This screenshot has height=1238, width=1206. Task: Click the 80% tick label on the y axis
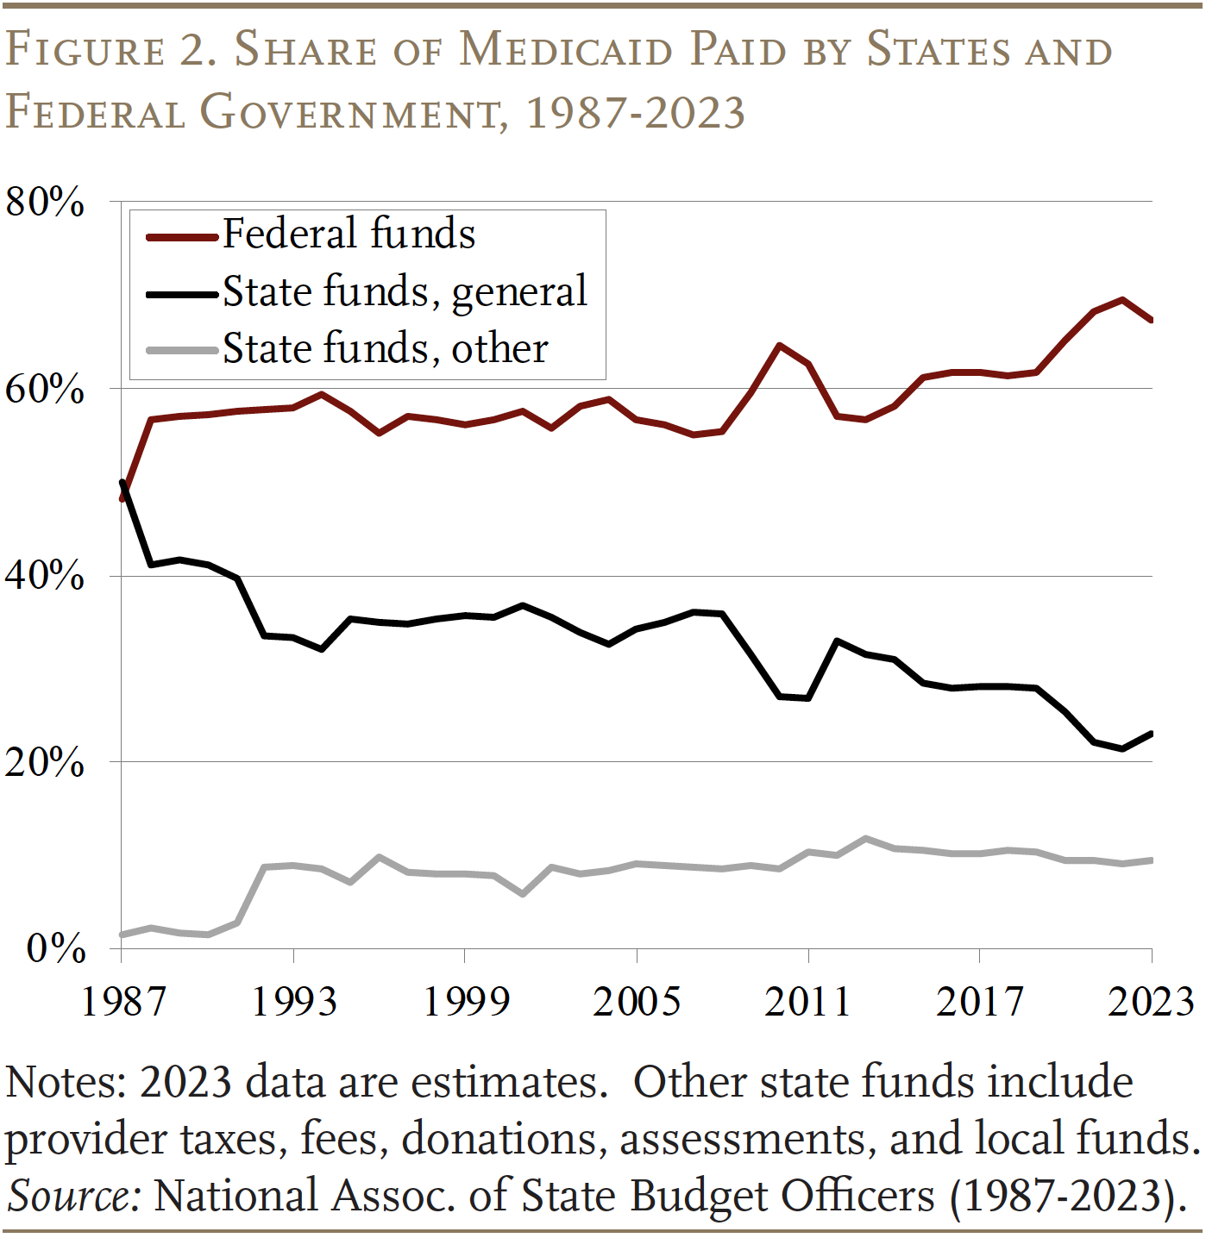click(x=45, y=203)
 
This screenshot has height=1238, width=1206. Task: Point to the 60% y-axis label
click(x=45, y=390)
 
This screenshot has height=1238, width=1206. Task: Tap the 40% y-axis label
click(x=45, y=576)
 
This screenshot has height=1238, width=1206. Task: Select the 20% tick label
click(x=45, y=763)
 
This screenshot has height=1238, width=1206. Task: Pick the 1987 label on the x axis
click(x=122, y=1003)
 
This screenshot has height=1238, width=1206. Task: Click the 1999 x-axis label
click(x=466, y=1003)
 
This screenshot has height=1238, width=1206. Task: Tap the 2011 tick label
click(x=808, y=1003)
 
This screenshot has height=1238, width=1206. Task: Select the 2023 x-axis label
click(x=1151, y=1003)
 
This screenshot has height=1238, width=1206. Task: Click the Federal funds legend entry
click(x=349, y=234)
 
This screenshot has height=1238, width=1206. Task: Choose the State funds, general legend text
click(x=405, y=291)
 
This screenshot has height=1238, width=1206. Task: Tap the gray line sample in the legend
click(x=181, y=350)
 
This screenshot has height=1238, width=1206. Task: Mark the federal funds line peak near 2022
click(x=1122, y=300)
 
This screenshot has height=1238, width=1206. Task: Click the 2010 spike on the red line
click(x=779, y=346)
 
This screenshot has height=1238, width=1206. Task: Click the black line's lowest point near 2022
click(x=1122, y=748)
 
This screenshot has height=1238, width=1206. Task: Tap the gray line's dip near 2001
click(x=523, y=894)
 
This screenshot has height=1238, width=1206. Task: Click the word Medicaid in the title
click(x=565, y=50)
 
